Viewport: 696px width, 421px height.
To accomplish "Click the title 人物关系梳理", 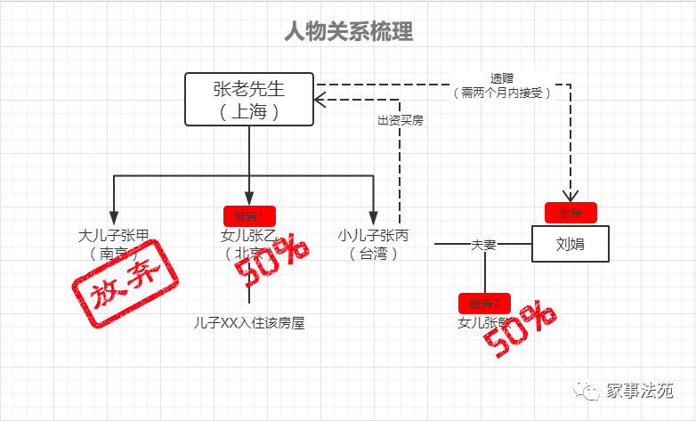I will (x=348, y=34).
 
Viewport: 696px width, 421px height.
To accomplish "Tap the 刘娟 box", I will (x=571, y=244).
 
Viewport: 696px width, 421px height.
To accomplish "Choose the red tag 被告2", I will (x=484, y=302).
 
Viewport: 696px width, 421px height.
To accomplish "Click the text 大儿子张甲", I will (x=113, y=237).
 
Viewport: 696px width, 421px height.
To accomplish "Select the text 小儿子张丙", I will (x=373, y=237).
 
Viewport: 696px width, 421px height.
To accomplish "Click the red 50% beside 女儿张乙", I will (x=271, y=261).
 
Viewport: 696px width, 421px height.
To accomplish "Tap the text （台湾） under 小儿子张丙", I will (x=373, y=255).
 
